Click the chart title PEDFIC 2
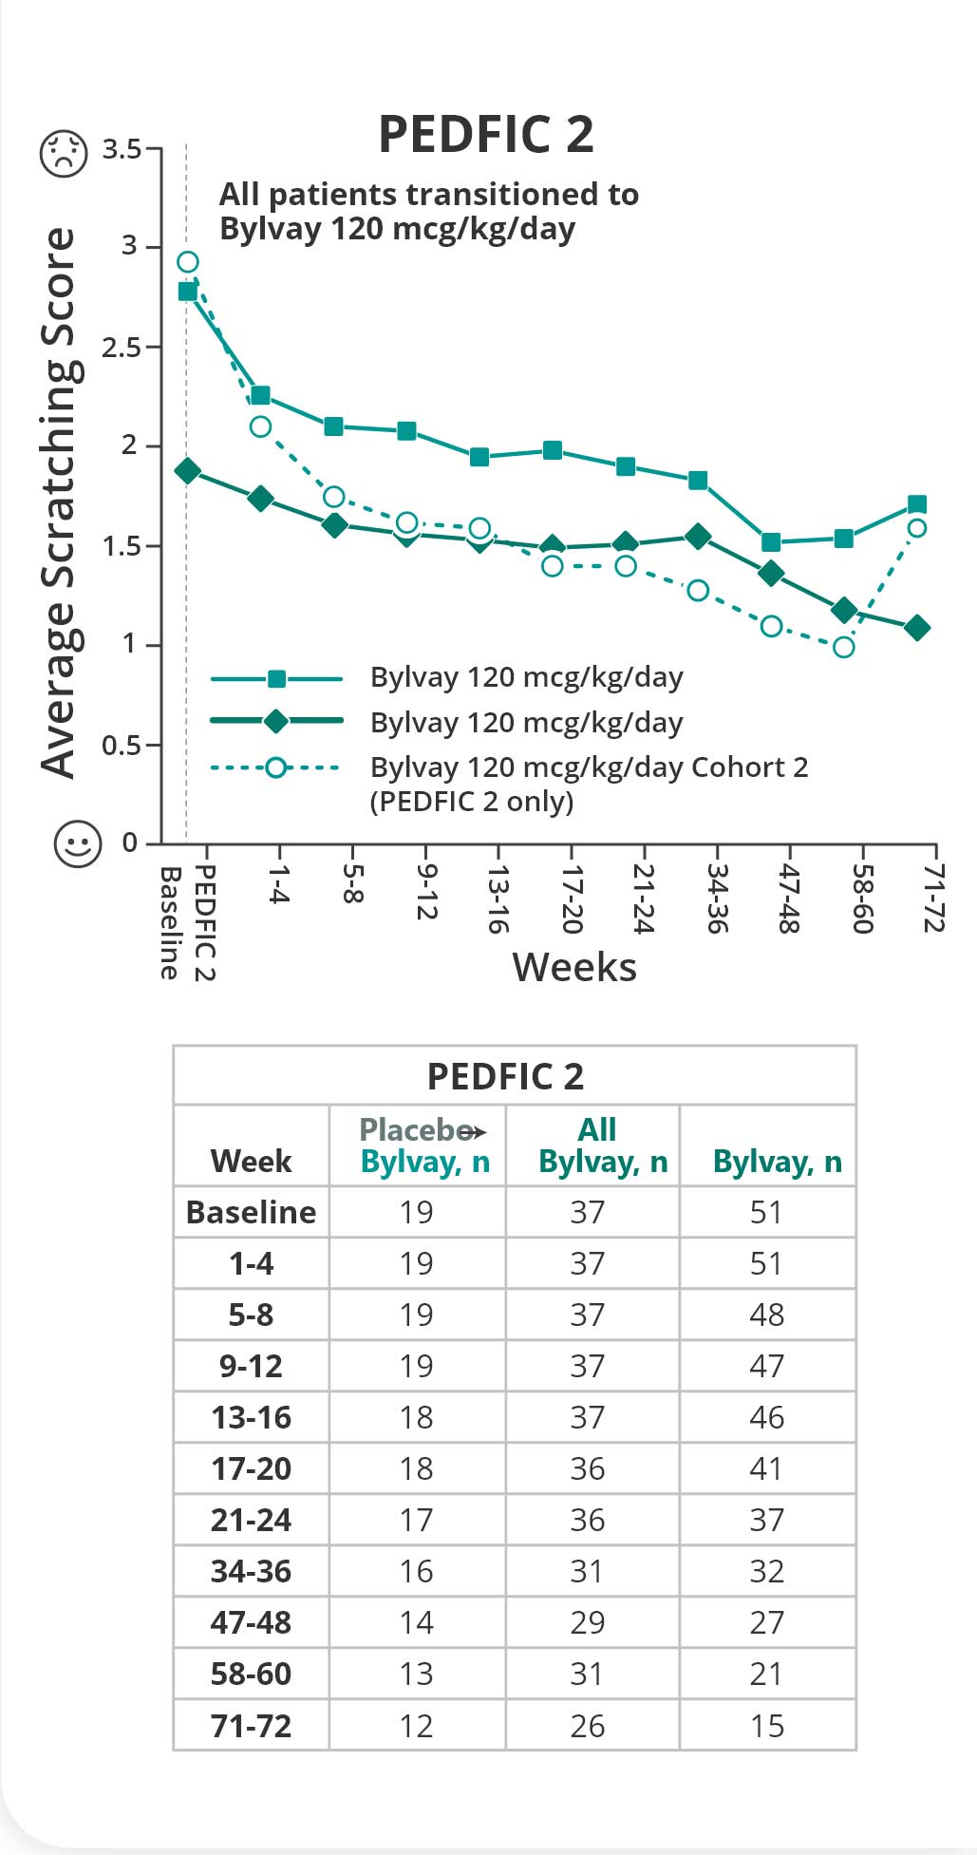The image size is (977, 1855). pos(485,134)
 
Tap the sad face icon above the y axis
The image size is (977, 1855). pos(64,152)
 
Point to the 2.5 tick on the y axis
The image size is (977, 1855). pos(121,348)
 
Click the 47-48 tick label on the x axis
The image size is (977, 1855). pos(789,898)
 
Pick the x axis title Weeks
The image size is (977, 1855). pos(574,967)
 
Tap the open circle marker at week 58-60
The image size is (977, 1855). pos(843,648)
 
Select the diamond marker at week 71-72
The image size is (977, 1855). pos(917,628)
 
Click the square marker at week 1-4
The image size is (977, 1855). pos(260,395)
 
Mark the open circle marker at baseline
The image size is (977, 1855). pos(188,262)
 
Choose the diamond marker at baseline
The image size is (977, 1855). pos(188,471)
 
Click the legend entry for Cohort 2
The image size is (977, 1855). pos(589,783)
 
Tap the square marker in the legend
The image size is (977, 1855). pos(276,678)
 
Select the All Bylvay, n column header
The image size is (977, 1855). pos(602,1145)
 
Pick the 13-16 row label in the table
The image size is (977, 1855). pos(251,1417)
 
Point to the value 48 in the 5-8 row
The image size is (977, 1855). pos(766,1315)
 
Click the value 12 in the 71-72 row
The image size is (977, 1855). pos(416,1725)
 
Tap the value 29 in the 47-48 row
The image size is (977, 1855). pos(587,1622)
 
